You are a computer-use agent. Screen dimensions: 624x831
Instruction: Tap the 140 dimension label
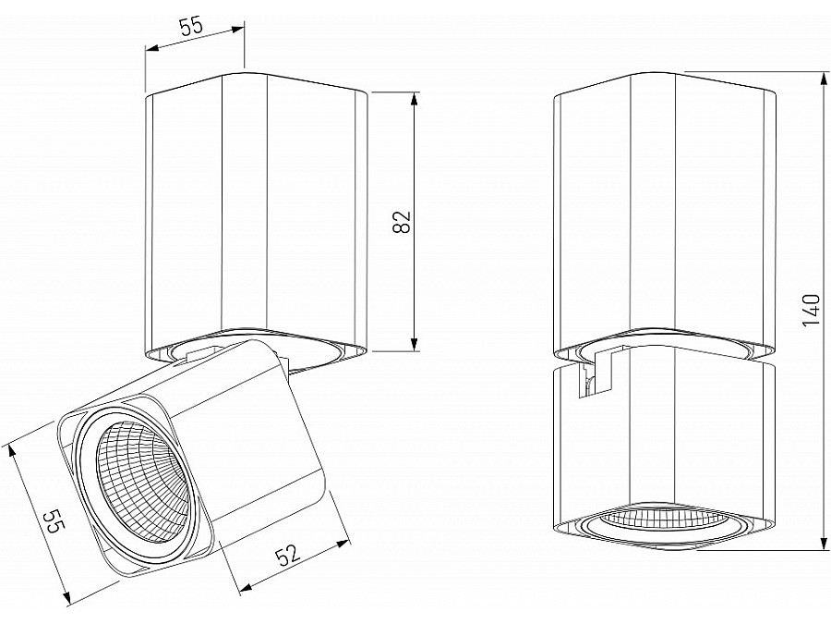812,311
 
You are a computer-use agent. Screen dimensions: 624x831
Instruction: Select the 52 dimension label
288,556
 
